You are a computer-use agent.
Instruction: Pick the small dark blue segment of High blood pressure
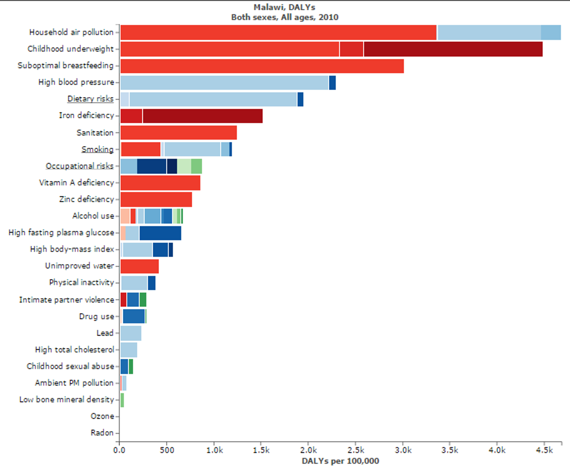332,83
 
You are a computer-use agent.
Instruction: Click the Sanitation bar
179,133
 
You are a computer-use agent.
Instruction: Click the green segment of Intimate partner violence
143,300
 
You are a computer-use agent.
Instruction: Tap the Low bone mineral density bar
122,400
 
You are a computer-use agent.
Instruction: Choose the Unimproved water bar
140,266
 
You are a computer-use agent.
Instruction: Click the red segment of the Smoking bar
141,149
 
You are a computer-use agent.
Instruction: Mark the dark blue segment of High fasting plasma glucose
160,233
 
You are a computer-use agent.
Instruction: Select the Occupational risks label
80,166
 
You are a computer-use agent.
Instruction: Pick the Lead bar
131,333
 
